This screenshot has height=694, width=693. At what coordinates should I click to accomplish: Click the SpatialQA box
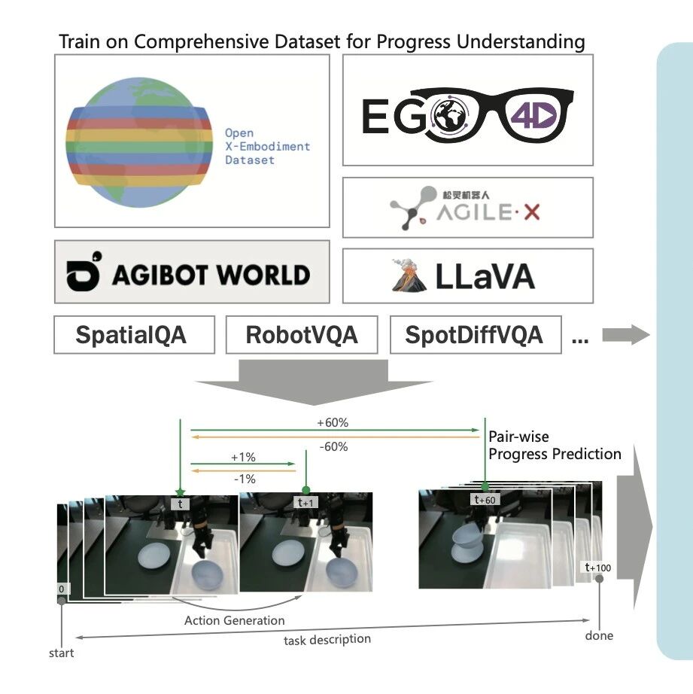coord(134,335)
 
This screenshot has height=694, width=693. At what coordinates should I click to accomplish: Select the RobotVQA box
coord(302,335)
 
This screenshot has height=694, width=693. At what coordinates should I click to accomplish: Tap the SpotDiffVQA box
coord(475,335)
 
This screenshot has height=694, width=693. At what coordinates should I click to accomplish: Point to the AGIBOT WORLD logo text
coord(211,275)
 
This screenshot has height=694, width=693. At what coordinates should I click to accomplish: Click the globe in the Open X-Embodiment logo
coord(139,141)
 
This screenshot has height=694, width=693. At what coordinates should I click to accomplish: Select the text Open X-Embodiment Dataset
coord(267,147)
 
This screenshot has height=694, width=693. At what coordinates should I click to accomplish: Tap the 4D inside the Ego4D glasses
coord(533,116)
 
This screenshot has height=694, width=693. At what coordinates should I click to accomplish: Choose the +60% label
coord(333,423)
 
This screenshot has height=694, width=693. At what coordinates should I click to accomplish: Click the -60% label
coord(333,446)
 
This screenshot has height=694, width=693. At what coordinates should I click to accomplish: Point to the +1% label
coord(244,457)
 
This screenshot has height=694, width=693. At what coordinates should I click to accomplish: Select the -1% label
coord(244,479)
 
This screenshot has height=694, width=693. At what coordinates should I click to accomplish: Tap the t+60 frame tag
coord(485,499)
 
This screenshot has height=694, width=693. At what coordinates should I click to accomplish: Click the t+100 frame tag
coord(599,567)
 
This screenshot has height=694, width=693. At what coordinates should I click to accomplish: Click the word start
coord(62,653)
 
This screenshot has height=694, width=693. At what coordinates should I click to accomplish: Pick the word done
coord(599,636)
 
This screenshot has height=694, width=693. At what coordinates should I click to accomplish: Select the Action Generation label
coord(235,620)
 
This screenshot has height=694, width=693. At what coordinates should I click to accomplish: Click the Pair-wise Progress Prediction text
coord(555,446)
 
